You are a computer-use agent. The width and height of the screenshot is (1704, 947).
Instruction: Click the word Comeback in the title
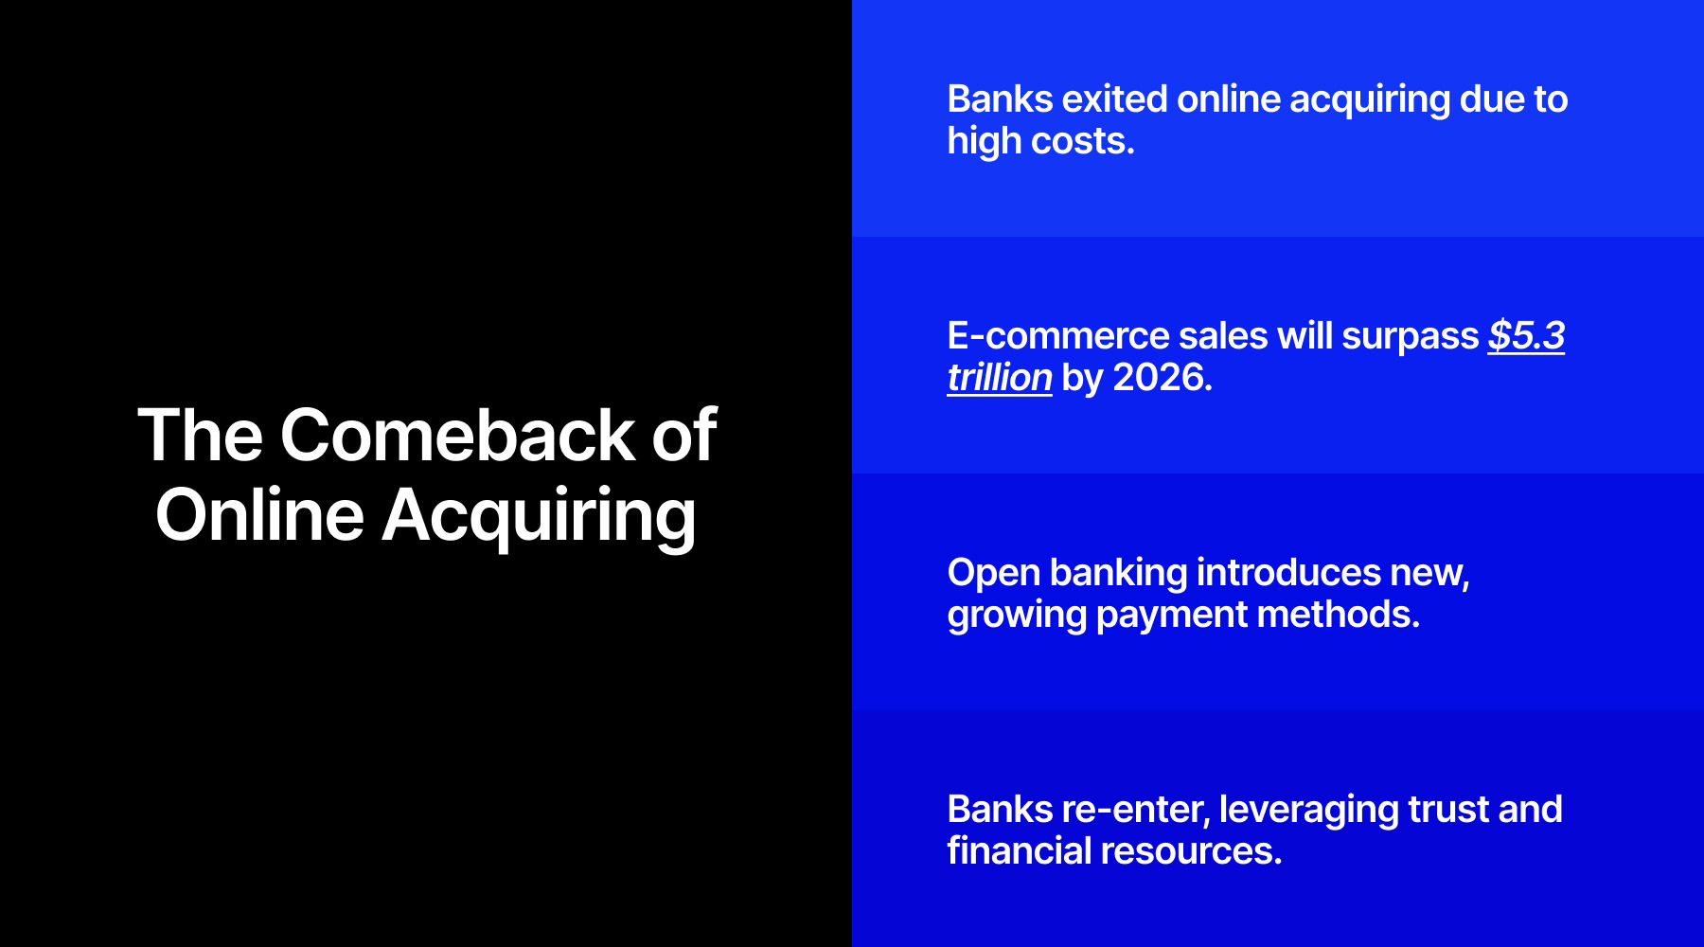pyautogui.click(x=457, y=436)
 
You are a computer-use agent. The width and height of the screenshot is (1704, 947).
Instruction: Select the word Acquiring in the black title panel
pyautogui.click(x=539, y=516)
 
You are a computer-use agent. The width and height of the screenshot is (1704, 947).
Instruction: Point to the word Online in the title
pyautogui.click(x=259, y=516)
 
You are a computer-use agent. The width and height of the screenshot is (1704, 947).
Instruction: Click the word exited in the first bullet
pyautogui.click(x=1114, y=99)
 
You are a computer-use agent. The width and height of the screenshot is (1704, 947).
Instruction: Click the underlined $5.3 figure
pyautogui.click(x=1526, y=336)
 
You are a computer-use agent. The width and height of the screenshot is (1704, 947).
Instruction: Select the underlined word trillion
pyautogui.click(x=1000, y=378)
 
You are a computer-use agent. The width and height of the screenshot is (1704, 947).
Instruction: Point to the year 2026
pyautogui.click(x=1162, y=378)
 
